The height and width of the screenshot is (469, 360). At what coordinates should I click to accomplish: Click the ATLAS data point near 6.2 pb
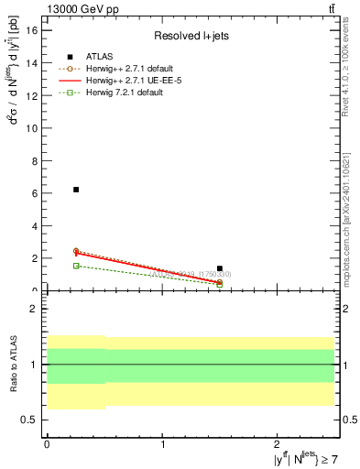[76, 190]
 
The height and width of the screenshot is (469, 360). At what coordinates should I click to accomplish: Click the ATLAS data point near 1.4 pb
[220, 268]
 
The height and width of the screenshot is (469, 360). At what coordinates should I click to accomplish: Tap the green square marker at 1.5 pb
[76, 266]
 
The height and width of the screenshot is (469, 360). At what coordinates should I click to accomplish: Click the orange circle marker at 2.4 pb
[76, 251]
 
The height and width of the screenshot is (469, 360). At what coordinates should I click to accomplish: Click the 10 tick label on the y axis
[33, 128]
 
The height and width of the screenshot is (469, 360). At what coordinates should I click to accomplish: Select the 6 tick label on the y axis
[36, 193]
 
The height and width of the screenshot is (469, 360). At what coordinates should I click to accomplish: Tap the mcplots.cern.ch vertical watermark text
[351, 211]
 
